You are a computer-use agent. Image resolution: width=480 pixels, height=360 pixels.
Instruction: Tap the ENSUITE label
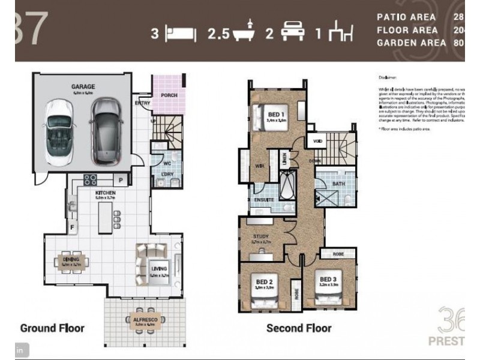coord(264,199)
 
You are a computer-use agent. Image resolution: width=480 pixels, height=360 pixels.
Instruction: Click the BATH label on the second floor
coord(339,184)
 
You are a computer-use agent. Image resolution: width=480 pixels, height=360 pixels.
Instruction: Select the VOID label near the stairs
coord(317,141)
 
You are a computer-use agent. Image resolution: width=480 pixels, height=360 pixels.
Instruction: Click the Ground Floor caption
coord(52,328)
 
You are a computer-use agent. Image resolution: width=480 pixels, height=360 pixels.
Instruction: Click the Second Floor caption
coord(298,328)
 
